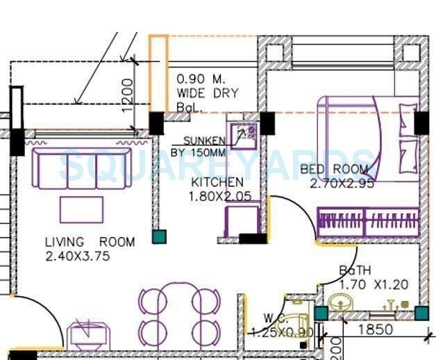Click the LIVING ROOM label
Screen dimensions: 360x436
point(90,242)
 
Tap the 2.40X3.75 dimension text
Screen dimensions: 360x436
point(77,256)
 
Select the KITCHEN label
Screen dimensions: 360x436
point(217,182)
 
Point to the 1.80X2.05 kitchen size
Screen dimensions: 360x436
point(217,197)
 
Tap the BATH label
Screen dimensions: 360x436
point(354,270)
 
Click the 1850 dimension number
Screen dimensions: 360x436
point(375,329)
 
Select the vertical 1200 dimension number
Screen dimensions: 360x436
point(126,95)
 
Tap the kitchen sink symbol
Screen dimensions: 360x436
point(244,134)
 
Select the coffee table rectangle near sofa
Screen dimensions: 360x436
point(81,209)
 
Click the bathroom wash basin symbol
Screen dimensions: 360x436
point(339,304)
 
